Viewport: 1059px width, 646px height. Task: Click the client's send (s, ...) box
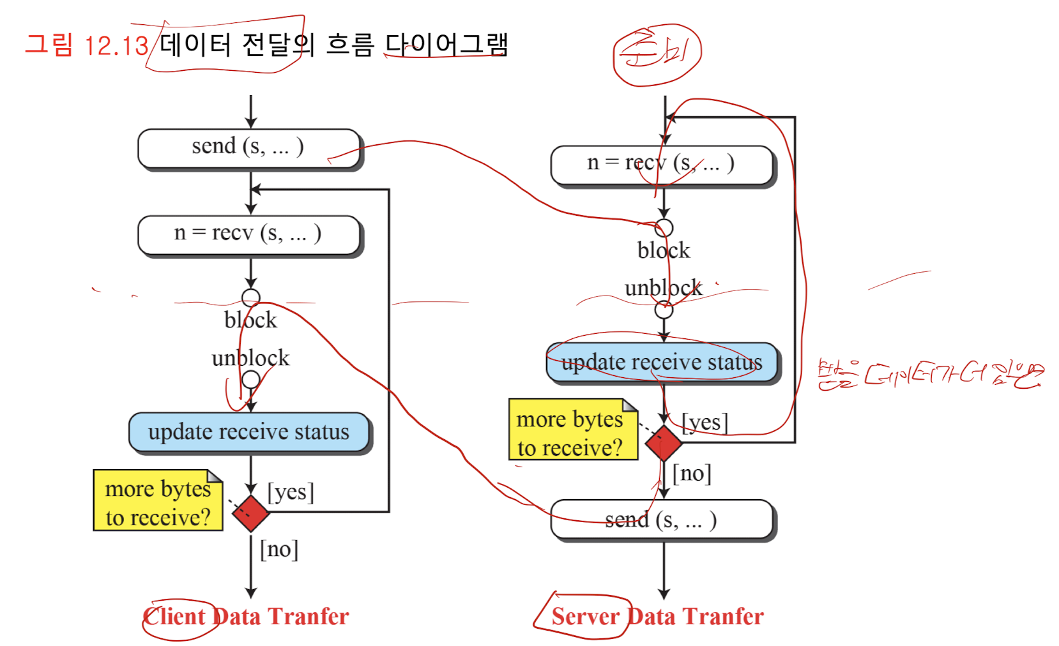pyautogui.click(x=249, y=147)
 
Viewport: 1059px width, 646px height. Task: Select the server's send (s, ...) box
pyautogui.click(x=662, y=520)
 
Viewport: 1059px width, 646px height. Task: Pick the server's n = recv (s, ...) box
pyautogui.click(x=662, y=164)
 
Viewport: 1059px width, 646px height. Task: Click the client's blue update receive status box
pyautogui.click(x=249, y=432)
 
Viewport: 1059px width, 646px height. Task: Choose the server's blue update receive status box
pyautogui.click(x=662, y=363)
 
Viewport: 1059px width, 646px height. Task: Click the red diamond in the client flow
pyautogui.click(x=251, y=513)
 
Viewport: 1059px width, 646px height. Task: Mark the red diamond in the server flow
pyautogui.click(x=664, y=442)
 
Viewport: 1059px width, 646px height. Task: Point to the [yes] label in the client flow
pyautogui.click(x=291, y=492)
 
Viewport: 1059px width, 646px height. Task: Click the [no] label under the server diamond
pyautogui.click(x=692, y=474)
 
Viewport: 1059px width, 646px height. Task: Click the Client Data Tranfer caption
pyautogui.click(x=246, y=617)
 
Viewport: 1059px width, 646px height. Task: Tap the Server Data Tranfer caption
pyautogui.click(x=657, y=617)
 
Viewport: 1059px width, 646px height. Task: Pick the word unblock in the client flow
pyautogui.click(x=250, y=358)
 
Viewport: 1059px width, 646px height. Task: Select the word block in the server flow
pyautogui.click(x=664, y=250)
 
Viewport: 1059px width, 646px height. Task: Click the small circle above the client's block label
pyautogui.click(x=251, y=297)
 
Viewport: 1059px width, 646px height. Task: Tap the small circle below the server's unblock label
pyautogui.click(x=664, y=310)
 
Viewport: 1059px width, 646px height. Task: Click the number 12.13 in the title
pyautogui.click(x=116, y=45)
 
